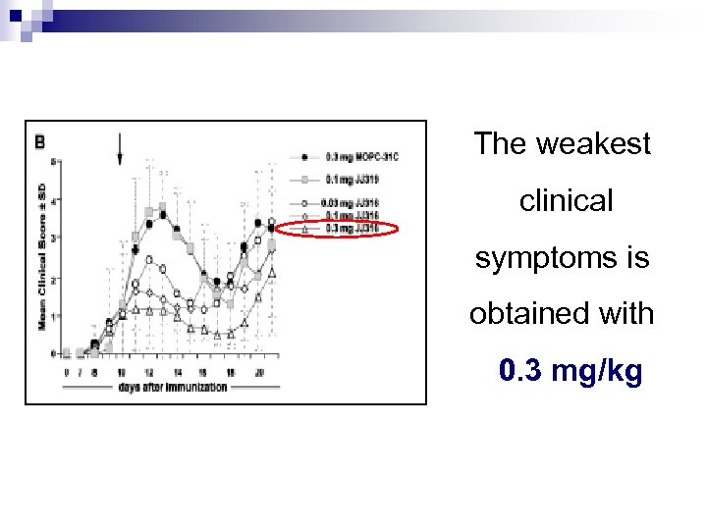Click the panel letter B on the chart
click(40, 141)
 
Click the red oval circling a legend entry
click(337, 229)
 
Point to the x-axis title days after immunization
click(172, 387)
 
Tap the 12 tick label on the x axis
click(148, 372)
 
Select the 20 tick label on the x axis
click(256, 372)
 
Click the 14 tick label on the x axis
click(176, 372)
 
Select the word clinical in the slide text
click(566, 201)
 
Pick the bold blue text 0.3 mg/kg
click(571, 372)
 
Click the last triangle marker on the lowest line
click(272, 271)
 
